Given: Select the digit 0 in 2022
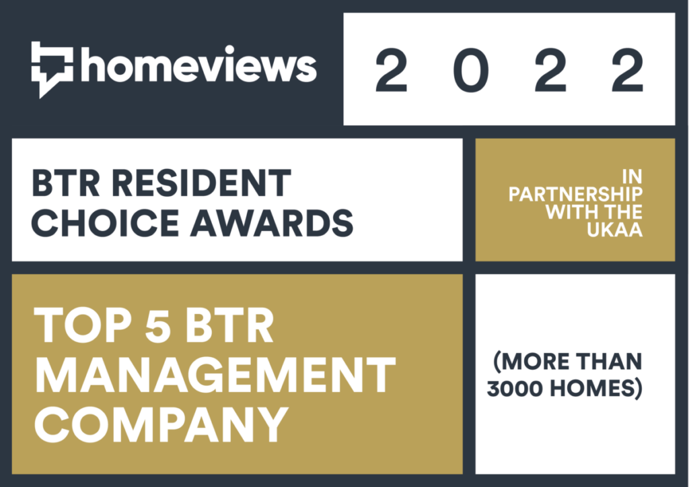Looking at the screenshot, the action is (470, 70).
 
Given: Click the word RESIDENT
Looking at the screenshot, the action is (201, 183).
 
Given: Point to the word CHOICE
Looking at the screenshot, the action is (105, 222).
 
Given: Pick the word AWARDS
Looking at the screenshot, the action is (272, 222).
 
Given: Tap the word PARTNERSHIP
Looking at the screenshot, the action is (576, 194).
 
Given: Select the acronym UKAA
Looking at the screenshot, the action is (615, 230).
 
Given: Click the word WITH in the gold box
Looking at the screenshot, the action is (571, 212).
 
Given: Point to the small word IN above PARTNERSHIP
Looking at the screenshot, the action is (632, 177).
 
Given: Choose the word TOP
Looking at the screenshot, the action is (82, 325).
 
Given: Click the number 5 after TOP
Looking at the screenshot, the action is (157, 325).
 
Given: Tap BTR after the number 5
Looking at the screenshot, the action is (229, 325).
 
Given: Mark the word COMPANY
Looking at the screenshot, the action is (161, 424).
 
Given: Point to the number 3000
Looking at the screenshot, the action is (514, 389).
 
